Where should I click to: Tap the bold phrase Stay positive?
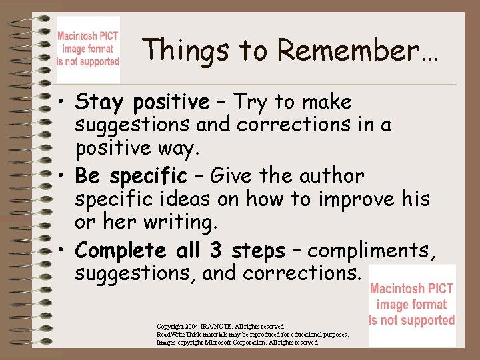142,103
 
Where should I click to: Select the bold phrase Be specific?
131,177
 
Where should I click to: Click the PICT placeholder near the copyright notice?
411,305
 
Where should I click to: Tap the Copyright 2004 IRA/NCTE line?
221,327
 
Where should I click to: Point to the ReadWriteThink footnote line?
252,335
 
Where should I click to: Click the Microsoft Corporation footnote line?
238,343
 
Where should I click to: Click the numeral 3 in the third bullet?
216,251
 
